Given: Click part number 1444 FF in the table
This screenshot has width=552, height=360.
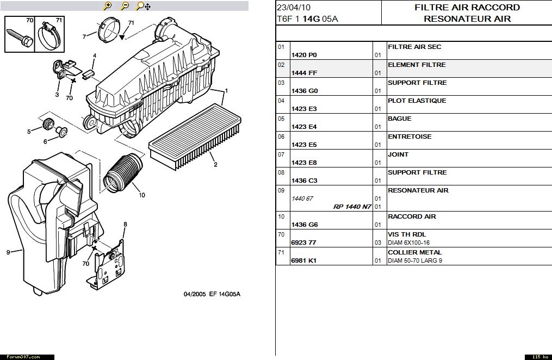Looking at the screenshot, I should [305, 73].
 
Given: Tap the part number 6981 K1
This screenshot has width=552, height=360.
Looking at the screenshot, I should [304, 260].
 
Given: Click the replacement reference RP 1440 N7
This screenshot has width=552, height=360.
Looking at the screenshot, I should [352, 207].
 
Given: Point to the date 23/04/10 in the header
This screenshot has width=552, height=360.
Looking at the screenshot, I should [294, 8].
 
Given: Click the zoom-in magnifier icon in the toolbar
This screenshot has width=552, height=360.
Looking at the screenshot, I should [108, 6].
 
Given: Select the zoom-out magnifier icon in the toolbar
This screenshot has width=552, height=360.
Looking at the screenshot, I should [125, 6].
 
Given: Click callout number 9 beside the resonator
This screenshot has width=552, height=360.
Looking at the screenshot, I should [8, 252].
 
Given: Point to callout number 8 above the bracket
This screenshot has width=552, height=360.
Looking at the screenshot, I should [125, 224].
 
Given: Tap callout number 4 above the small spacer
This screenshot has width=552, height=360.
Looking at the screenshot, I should [94, 56].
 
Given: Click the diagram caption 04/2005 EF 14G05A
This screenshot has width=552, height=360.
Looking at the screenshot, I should [212, 294].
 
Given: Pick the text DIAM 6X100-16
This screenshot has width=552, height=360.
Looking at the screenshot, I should [408, 243].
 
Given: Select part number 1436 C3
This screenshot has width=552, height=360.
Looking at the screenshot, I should [305, 181].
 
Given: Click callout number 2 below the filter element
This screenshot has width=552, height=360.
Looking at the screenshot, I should [215, 164].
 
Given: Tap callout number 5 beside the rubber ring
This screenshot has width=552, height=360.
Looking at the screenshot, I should [29, 131].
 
